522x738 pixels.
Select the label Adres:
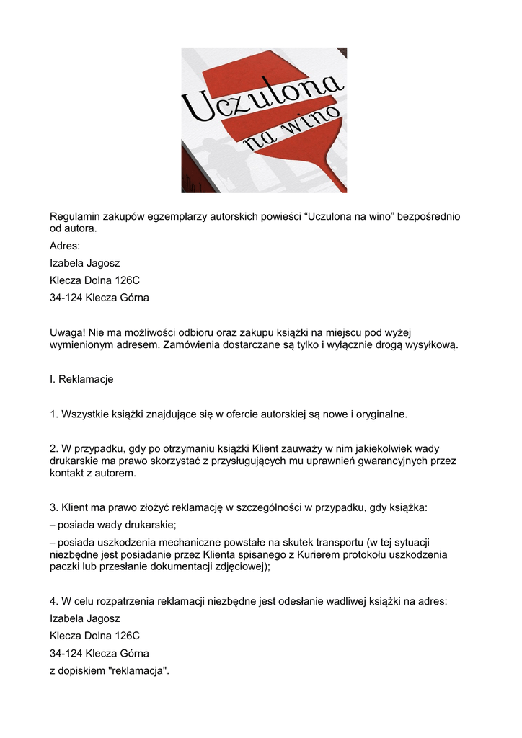[65, 246]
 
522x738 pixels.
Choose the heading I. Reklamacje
[81, 379]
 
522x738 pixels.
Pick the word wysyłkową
[430, 345]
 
